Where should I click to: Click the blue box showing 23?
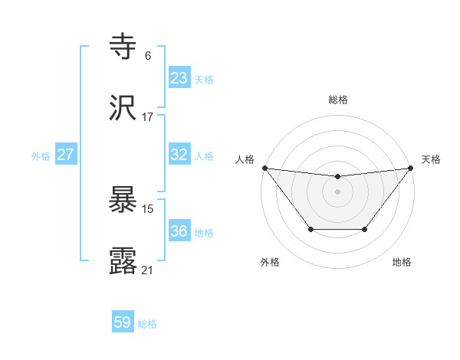coord(179,78)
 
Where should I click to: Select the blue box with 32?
coord(179,155)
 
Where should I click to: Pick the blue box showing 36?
coord(179,231)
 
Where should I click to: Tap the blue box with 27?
coord(66,155)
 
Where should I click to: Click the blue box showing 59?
coord(123,322)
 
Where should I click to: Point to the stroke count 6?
coord(147,56)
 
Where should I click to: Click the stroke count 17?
coord(147,117)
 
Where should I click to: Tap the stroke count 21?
coord(147,270)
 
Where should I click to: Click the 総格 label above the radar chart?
coord(338,100)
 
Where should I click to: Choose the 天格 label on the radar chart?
coord(431,159)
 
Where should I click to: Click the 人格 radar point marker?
coord(264,168)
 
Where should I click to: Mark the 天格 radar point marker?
coord(411,168)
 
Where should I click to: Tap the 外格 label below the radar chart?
coord(271,262)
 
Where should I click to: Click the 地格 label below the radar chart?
coord(402,262)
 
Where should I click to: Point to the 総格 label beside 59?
coord(147,324)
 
